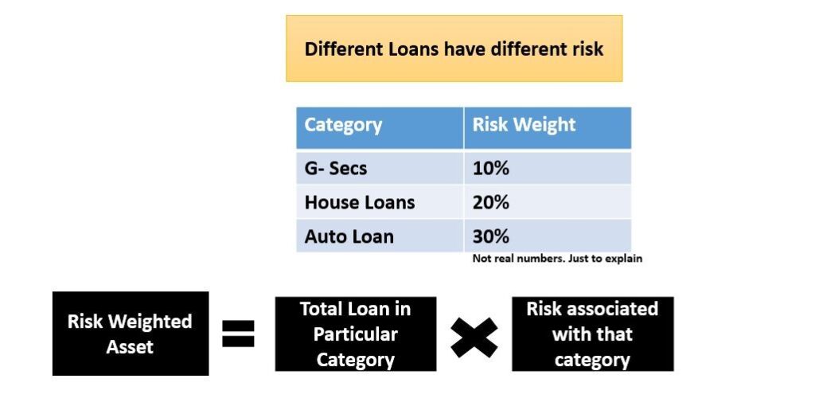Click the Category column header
click(343, 126)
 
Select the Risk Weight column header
click(524, 126)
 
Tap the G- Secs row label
click(335, 169)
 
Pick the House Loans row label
click(359, 202)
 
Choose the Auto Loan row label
click(349, 236)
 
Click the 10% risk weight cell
click(490, 169)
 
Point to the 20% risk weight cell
click(490, 202)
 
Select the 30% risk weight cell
click(490, 236)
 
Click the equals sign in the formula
click(238, 334)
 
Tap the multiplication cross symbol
click(474, 335)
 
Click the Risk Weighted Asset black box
click(130, 334)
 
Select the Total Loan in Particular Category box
click(356, 334)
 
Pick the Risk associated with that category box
click(592, 334)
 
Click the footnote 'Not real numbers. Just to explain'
click(556, 259)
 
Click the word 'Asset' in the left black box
click(130, 346)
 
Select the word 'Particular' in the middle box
click(356, 334)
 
